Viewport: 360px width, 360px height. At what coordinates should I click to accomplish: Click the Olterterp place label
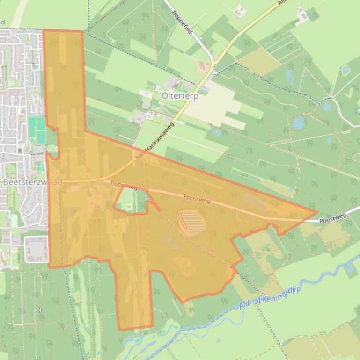[x=180, y=96]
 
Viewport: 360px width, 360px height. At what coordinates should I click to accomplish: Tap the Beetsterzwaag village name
[x=32, y=183]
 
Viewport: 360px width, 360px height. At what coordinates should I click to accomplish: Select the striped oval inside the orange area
[x=191, y=222]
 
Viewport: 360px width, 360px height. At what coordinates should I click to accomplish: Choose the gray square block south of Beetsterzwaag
[x=36, y=249]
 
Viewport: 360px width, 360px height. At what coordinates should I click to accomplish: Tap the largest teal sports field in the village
[x=37, y=130]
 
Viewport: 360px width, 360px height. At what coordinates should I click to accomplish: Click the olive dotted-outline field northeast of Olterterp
[x=259, y=61]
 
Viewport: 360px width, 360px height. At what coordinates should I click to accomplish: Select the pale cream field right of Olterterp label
[x=220, y=105]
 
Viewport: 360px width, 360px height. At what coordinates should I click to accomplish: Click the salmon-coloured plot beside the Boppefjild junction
[x=204, y=68]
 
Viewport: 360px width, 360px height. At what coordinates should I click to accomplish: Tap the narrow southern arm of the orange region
[x=134, y=299]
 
